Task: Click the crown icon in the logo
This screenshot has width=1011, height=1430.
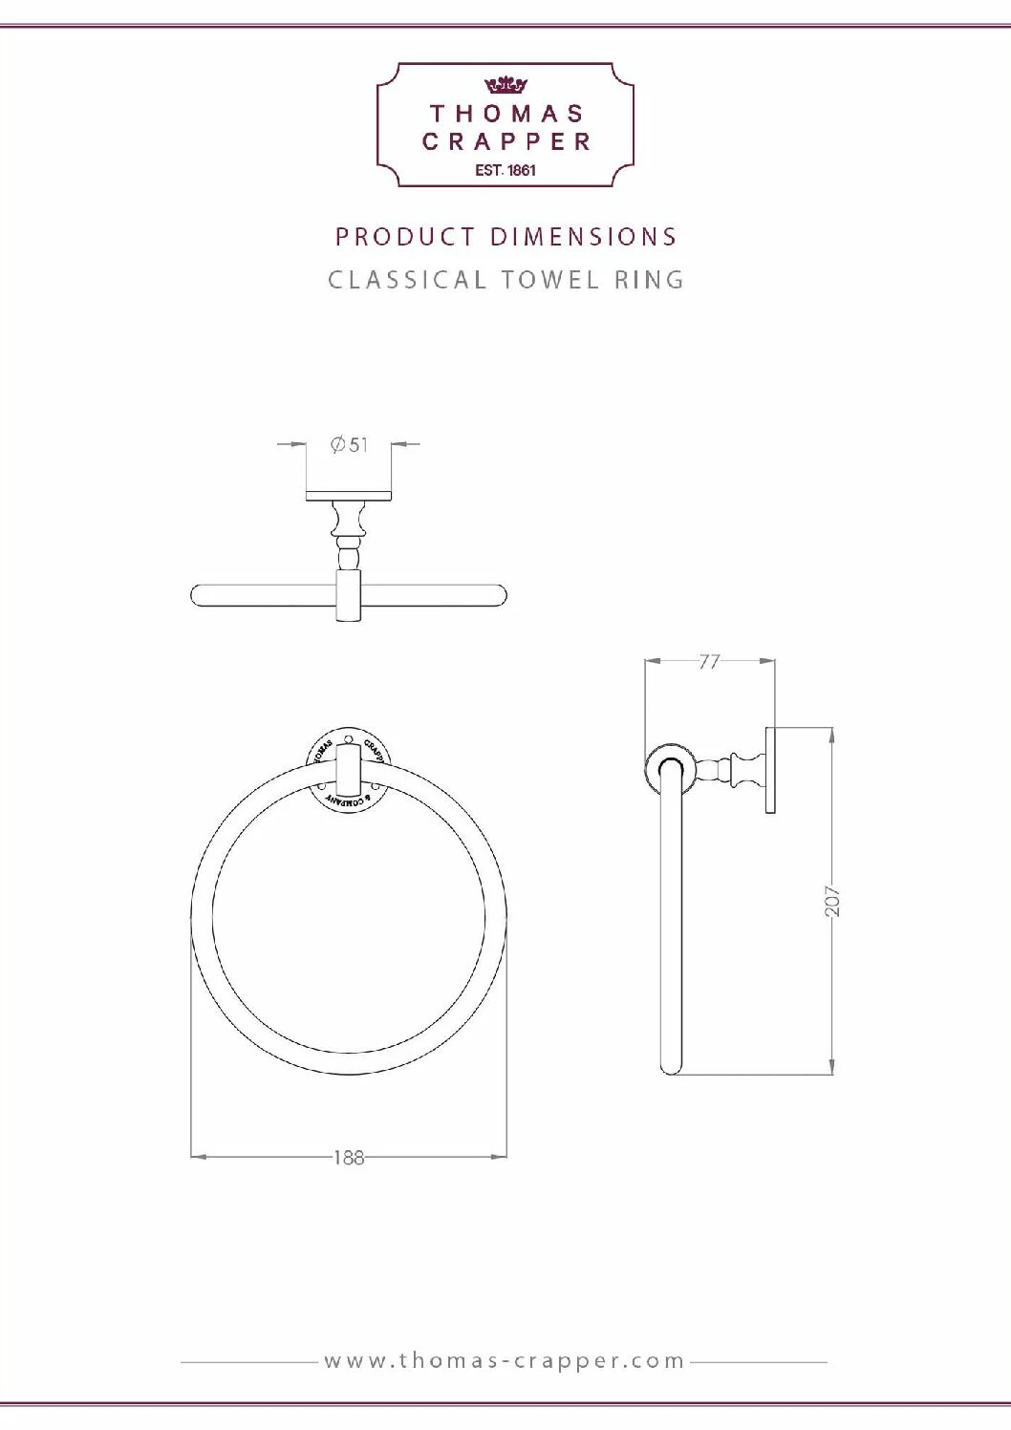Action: click(505, 85)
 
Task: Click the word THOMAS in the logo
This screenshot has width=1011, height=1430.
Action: click(506, 114)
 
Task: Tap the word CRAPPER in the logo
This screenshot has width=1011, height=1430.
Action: click(506, 142)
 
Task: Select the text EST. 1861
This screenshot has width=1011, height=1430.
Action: click(505, 171)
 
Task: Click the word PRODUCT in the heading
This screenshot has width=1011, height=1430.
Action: click(405, 237)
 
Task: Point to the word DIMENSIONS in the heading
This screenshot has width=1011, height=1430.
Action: click(584, 237)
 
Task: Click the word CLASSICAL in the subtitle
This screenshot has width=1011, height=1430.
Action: click(407, 281)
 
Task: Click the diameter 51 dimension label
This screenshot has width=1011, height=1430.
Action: click(349, 445)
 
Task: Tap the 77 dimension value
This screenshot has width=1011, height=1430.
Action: click(709, 661)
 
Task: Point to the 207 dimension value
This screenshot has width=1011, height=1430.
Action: click(832, 901)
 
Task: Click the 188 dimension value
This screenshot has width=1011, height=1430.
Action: click(349, 1158)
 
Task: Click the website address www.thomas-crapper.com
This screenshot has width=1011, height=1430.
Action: click(505, 1360)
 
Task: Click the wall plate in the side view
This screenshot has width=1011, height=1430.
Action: click(770, 770)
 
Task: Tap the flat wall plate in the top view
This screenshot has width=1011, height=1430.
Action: click(349, 496)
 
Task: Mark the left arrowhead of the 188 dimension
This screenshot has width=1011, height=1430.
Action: click(198, 1157)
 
